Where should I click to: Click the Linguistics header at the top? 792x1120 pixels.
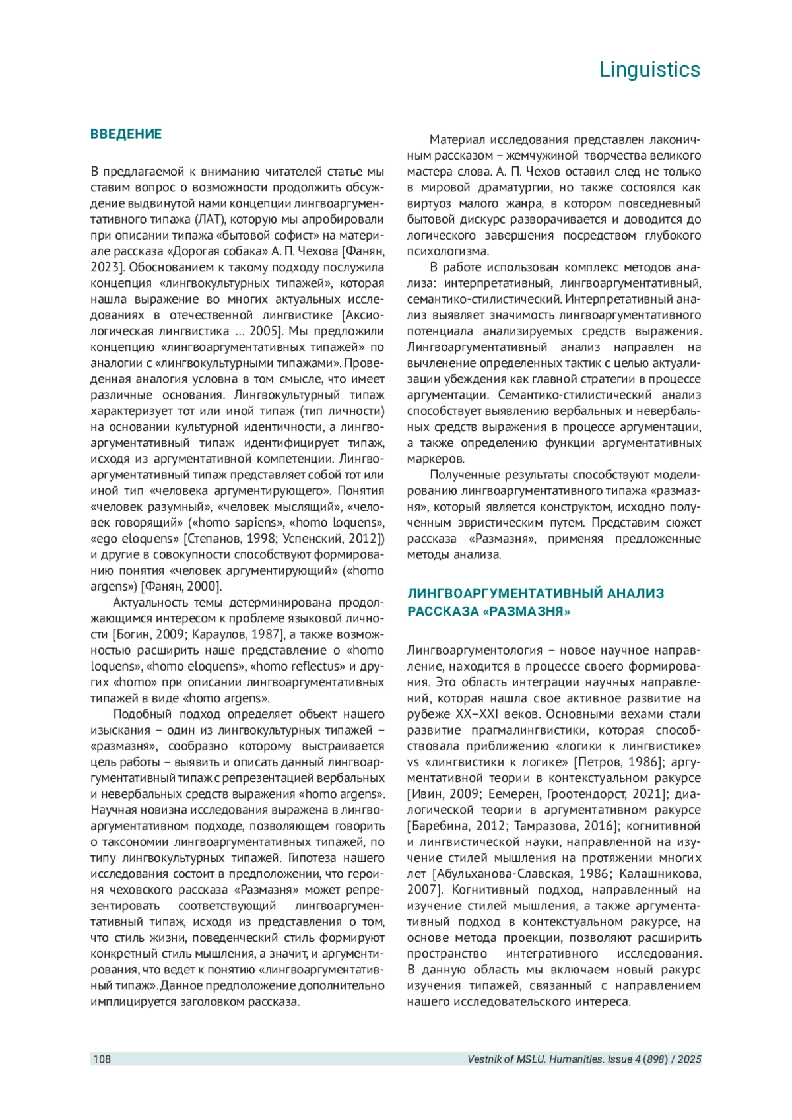pos(649,69)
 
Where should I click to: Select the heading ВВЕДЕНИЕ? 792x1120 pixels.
pos(126,134)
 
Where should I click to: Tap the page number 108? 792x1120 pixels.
pos(102,1059)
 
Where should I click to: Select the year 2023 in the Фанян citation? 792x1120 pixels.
pos(104,267)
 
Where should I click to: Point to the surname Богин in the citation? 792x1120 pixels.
pos(135,635)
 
